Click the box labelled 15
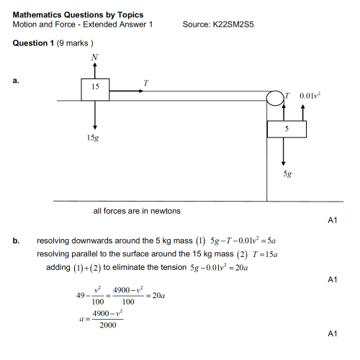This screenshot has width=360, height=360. coord(95,88)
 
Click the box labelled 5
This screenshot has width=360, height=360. coord(286,129)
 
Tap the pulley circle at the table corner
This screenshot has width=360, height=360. coord(274,99)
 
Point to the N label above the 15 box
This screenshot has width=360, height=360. coord(95,57)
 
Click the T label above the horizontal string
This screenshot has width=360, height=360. coord(146,83)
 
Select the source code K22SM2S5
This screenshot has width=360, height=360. coord(233,24)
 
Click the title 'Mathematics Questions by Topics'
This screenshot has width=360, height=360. coord(78,14)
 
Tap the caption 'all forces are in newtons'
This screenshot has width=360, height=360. coord(137,211)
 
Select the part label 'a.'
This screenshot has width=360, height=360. coord(17,81)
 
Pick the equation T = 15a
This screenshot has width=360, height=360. coord(261,254)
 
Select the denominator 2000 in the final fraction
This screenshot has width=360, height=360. coord(107,326)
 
